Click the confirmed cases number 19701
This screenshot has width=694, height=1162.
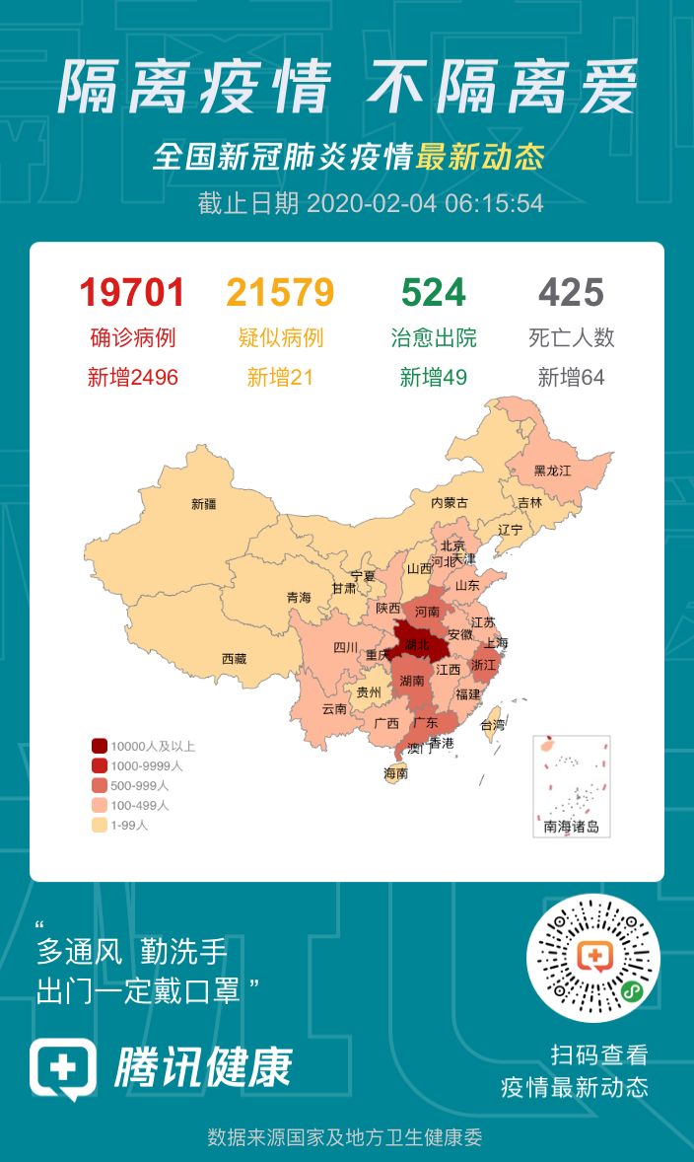coord(132,293)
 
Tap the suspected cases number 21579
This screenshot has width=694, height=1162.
coord(280,293)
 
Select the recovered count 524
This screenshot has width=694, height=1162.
coord(433,293)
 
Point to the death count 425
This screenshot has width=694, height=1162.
coord(571,293)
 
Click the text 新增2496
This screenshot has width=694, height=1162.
coord(132,377)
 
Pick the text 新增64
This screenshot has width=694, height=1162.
coord(571,377)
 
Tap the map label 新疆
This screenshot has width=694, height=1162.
coord(204,504)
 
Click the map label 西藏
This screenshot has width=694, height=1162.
coord(234,658)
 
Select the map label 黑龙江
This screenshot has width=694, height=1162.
coord(552,471)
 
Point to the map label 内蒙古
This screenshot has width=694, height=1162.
coord(450,502)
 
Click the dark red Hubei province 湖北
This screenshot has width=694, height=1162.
coord(418,644)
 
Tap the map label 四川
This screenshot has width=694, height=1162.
coord(345,648)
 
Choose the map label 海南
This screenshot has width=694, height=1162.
coord(395,773)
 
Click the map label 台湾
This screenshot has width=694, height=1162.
coord(492,724)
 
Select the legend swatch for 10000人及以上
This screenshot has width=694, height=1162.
coord(100,746)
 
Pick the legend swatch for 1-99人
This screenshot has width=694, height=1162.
coord(100,825)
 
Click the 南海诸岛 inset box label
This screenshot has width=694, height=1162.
coord(571,827)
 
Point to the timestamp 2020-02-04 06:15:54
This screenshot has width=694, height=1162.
coord(425,203)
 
